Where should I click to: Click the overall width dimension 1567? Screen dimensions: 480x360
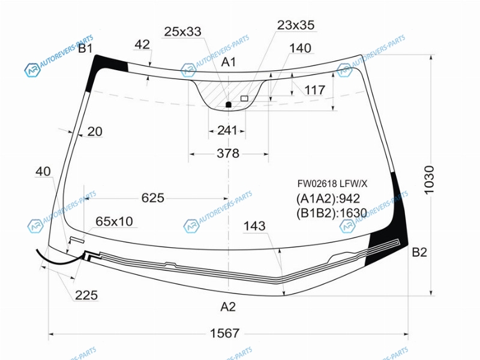coord(224,333)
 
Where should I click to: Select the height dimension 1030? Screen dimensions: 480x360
coord(429,179)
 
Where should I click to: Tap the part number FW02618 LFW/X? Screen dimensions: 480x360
coord(332,184)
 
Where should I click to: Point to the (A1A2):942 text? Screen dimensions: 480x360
coord(328,199)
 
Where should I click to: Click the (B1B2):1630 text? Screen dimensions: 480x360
coord(332,213)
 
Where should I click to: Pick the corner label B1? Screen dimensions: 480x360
coord(85,49)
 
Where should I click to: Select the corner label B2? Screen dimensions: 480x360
coord(419,252)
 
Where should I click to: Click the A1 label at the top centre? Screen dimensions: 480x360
coord(229,62)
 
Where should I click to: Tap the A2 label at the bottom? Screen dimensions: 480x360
coord(228,307)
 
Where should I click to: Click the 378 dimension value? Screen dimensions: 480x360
coord(228,154)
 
